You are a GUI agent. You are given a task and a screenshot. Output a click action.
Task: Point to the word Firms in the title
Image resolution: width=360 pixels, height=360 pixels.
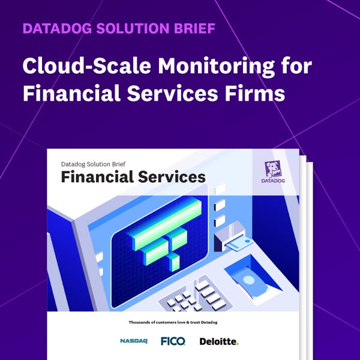[x=257, y=94]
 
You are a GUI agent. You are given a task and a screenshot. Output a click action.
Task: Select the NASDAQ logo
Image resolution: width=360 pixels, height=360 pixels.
[x=133, y=341]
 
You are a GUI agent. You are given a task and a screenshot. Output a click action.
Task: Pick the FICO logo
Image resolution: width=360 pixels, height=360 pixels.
[x=173, y=341]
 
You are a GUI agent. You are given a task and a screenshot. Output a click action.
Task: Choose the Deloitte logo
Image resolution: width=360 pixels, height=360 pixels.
[x=219, y=341]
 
